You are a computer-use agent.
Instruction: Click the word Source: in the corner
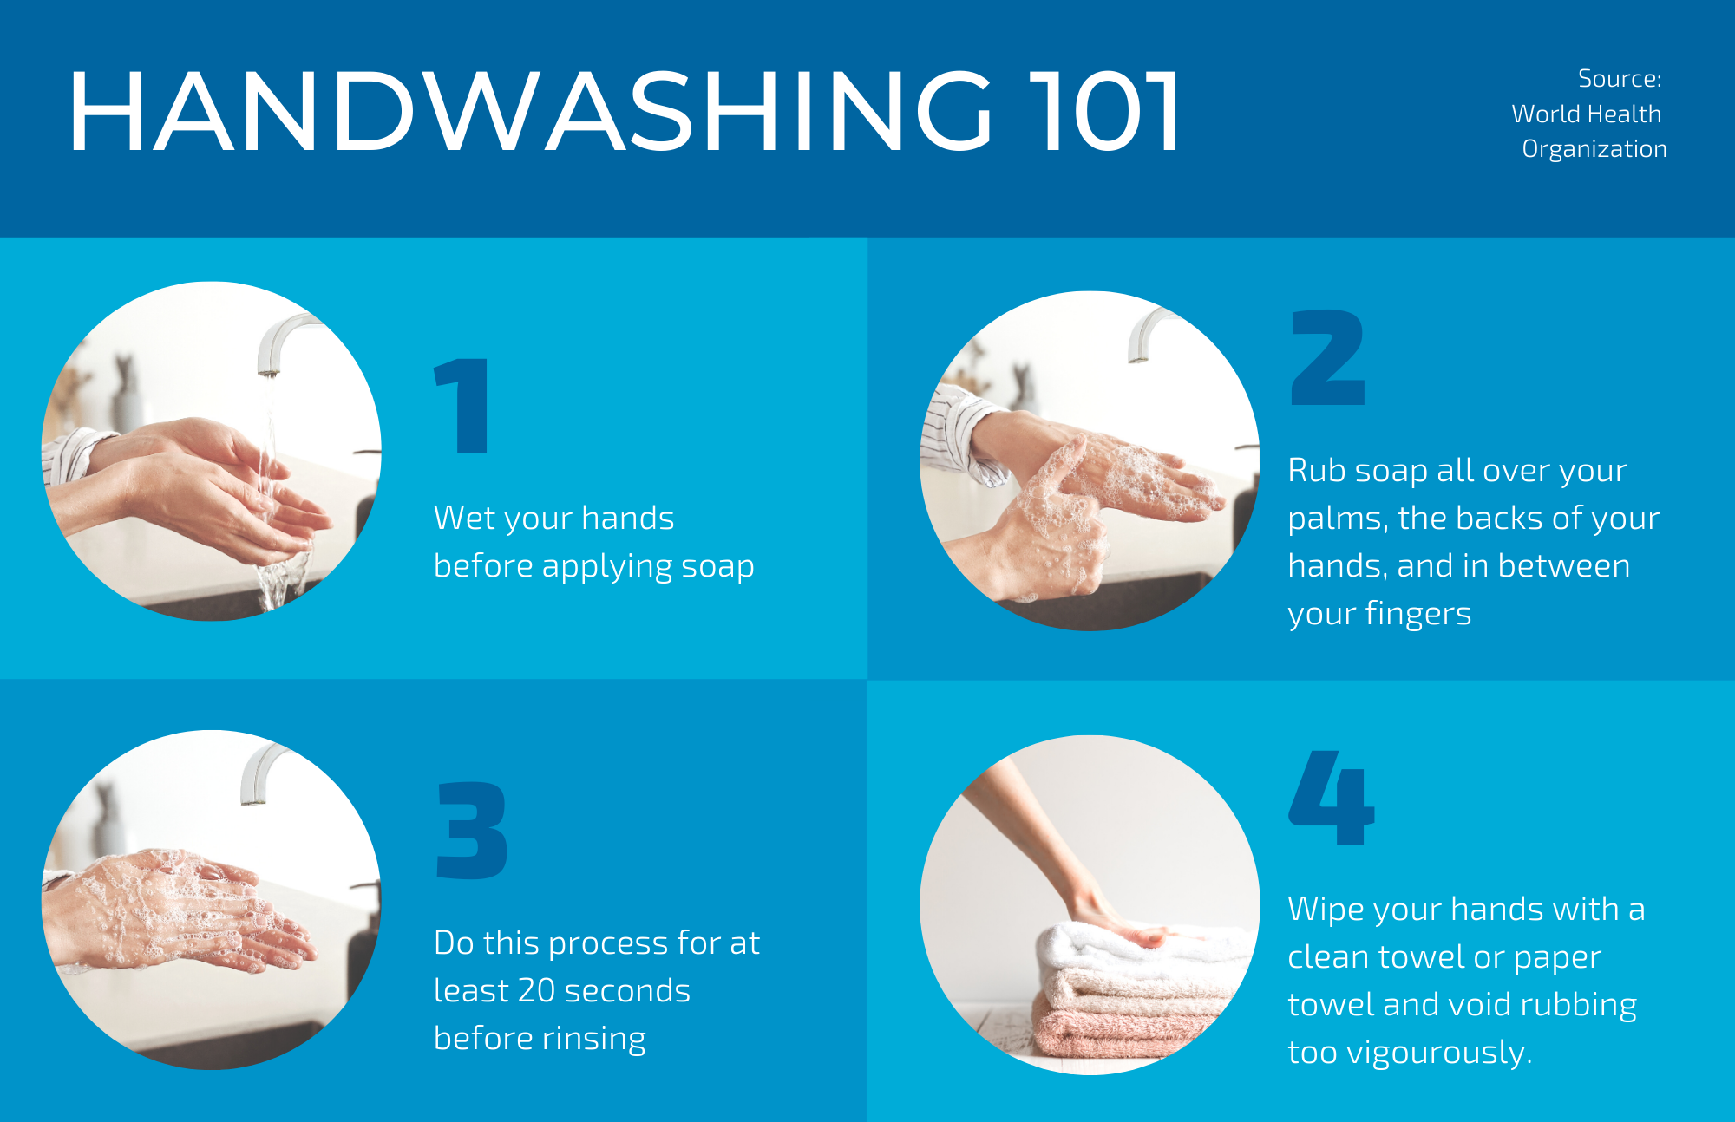click(x=1619, y=79)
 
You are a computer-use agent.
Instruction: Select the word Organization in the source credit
click(x=1594, y=149)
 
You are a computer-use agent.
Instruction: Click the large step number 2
click(x=1327, y=358)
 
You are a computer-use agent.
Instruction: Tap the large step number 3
click(x=471, y=830)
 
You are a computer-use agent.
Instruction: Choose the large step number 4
click(x=1332, y=798)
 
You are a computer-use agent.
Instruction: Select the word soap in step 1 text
click(x=717, y=565)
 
